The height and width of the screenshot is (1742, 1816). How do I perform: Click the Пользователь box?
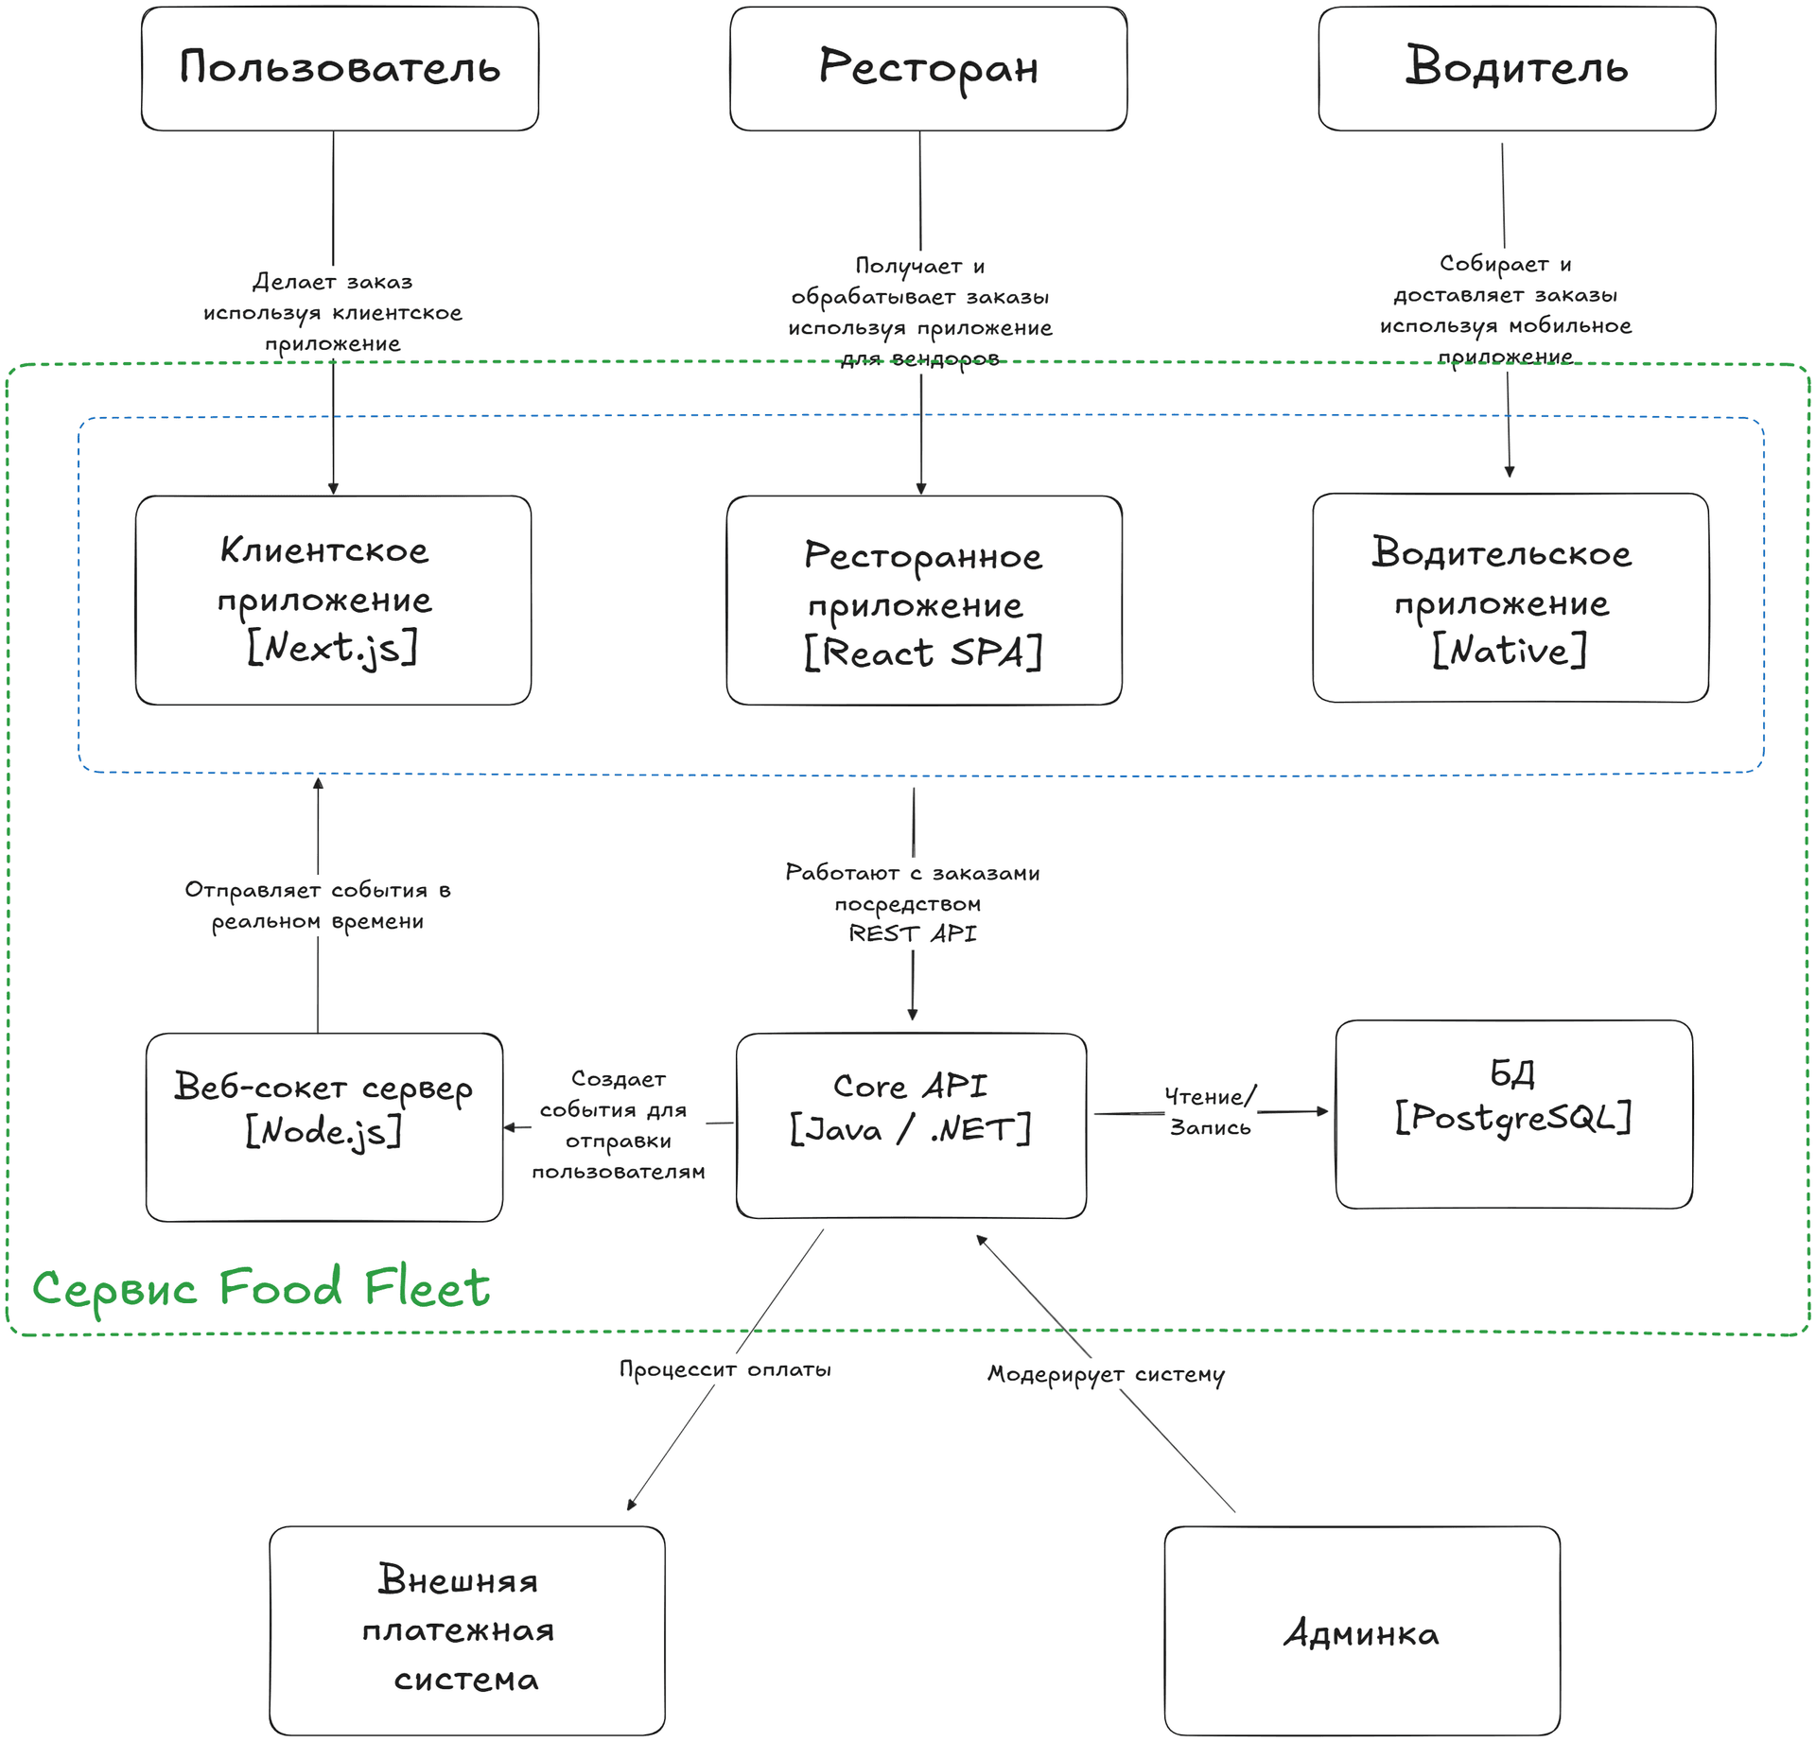click(x=340, y=68)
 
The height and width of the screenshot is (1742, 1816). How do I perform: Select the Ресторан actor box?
click(x=928, y=68)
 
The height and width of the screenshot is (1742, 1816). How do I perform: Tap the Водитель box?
click(x=1516, y=68)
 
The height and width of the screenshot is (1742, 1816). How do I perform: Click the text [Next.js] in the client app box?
click(x=332, y=649)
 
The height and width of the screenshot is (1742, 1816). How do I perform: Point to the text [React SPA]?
click(x=923, y=653)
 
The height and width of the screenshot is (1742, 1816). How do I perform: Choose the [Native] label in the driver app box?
click(x=1510, y=651)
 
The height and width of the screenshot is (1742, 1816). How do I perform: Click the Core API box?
click(x=910, y=1125)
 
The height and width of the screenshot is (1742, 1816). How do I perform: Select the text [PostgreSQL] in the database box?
click(x=1513, y=1118)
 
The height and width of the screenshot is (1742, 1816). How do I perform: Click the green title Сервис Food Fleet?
click(x=261, y=1288)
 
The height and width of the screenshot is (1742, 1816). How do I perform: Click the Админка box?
click(x=1361, y=1634)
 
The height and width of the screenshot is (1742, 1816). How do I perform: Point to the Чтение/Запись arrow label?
click(x=1210, y=1112)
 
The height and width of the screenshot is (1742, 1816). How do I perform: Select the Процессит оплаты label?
click(x=725, y=1369)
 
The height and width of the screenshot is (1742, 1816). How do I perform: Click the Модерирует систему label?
click(x=1106, y=1374)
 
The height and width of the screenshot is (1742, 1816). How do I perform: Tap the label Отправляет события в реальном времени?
click(x=318, y=905)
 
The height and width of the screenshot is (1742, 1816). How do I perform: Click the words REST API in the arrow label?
click(x=912, y=933)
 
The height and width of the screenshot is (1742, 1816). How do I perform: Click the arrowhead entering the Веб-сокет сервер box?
click(x=510, y=1127)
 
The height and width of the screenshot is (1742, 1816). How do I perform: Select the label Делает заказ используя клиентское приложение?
click(x=333, y=312)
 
